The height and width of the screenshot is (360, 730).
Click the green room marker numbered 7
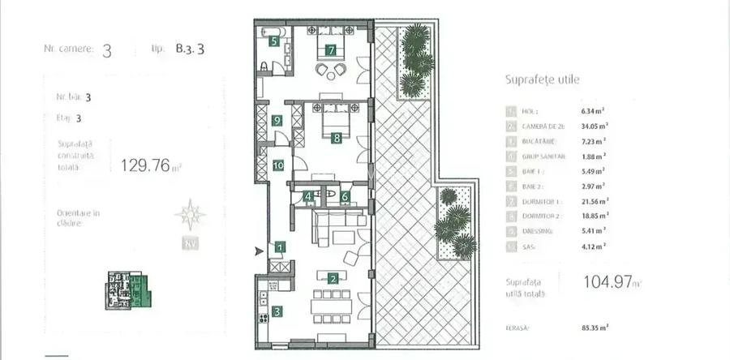point(330,49)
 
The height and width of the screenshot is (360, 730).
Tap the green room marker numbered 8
point(336,138)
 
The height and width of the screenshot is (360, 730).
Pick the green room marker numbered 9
point(277,121)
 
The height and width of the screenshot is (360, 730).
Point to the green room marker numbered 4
point(308,195)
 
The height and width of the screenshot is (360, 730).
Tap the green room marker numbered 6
point(345,195)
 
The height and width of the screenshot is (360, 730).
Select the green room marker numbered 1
point(280,247)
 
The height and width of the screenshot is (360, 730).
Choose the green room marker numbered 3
point(277,311)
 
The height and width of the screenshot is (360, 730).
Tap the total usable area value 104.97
point(607,282)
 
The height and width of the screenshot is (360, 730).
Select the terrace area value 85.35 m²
point(595,328)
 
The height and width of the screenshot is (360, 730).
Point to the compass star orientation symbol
point(191,215)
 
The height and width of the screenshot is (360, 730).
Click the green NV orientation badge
point(191,243)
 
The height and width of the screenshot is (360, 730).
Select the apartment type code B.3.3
point(189,49)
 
